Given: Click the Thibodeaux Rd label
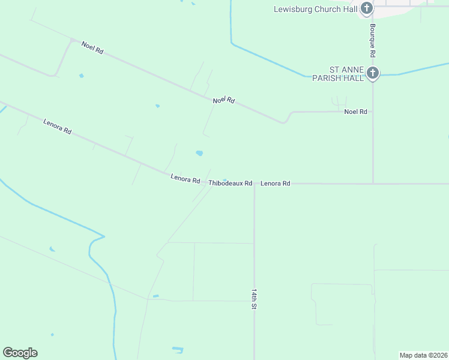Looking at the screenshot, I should pyautogui.click(x=230, y=183).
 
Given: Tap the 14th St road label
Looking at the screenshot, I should pyautogui.click(x=255, y=298).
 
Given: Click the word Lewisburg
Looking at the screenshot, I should pyautogui.click(x=292, y=9).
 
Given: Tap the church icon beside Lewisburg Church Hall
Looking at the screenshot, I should pyautogui.click(x=366, y=8).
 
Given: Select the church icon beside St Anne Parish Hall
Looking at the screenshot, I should pyautogui.click(x=372, y=73).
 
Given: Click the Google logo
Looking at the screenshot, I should pyautogui.click(x=20, y=353).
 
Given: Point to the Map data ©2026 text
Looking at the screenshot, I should pyautogui.click(x=423, y=355).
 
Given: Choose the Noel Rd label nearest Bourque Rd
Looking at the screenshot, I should pyautogui.click(x=355, y=112).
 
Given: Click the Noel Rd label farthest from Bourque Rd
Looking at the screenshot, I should pyautogui.click(x=92, y=48).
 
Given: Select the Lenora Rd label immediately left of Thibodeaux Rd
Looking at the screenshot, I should pyautogui.click(x=185, y=178).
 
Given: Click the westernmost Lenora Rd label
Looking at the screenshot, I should pyautogui.click(x=58, y=126).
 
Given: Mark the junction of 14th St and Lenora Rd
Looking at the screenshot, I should pyautogui.click(x=255, y=184).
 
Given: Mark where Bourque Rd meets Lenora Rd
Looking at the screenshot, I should pyautogui.click(x=373, y=184).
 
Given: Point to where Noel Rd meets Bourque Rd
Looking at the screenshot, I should pyautogui.click(x=373, y=112).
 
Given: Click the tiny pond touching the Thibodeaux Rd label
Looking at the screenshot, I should pyautogui.click(x=225, y=179).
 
